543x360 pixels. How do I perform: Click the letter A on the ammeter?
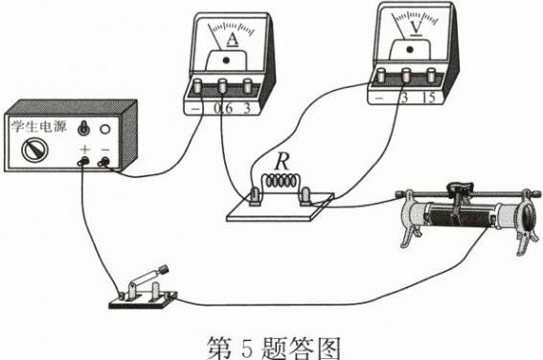coord(233,40)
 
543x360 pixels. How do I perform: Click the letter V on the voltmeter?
coord(416,27)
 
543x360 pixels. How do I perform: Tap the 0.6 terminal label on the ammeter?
coord(223,109)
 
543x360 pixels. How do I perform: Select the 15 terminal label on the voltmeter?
coord(429,98)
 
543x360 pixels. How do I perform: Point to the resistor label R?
coord(283,162)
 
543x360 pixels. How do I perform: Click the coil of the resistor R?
coord(282,181)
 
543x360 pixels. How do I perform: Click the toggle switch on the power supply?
coord(83,128)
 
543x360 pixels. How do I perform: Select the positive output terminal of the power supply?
coord(83,161)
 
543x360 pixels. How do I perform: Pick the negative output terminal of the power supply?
coord(103,161)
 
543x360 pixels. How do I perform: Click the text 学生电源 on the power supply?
coord(38,126)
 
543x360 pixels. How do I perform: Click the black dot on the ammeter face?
coord(226,60)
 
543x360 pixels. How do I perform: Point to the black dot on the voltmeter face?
coord(410,50)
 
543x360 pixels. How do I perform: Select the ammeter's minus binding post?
coord(197,85)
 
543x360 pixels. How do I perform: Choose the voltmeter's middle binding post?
coord(406,75)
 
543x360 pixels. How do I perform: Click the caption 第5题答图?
coord(273,348)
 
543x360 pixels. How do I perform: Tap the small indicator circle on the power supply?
coord(105,129)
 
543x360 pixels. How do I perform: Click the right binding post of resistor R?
coord(305,195)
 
